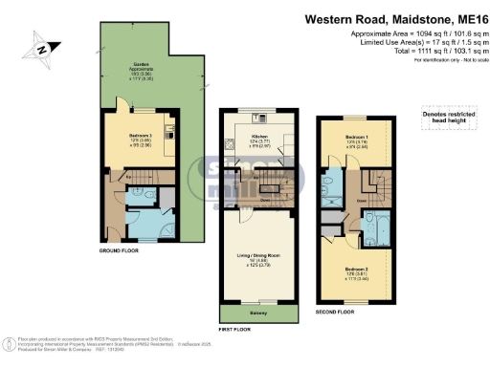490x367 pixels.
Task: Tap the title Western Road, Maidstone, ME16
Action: (x=395, y=17)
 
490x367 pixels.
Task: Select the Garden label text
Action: (x=141, y=70)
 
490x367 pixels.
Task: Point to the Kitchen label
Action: (x=258, y=138)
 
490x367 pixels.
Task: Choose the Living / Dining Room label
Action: (x=257, y=257)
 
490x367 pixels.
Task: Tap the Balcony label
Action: (x=258, y=314)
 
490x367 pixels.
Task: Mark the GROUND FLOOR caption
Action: (x=122, y=250)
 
